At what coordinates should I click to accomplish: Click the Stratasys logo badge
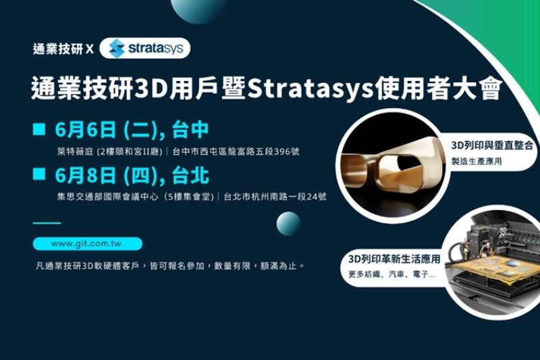[x=144, y=48]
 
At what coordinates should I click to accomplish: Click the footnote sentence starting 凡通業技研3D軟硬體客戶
[x=169, y=265]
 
